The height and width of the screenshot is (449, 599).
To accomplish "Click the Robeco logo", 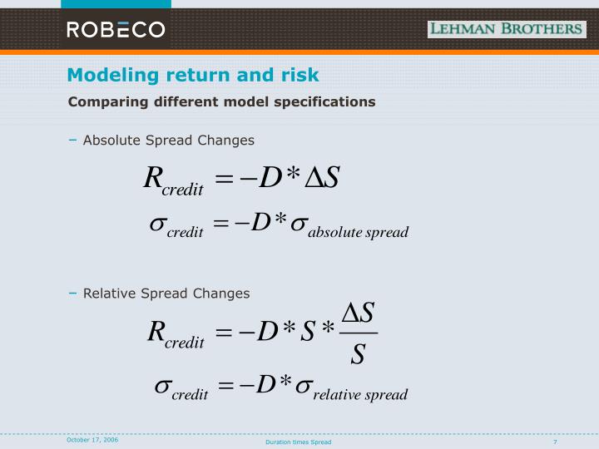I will [x=116, y=30].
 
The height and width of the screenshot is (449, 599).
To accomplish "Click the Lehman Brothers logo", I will [x=506, y=29].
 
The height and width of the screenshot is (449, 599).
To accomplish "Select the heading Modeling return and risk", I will [x=193, y=75].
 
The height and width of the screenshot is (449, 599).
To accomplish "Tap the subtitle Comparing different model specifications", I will [x=221, y=101].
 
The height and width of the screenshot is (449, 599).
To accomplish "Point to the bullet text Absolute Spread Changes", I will [x=168, y=140].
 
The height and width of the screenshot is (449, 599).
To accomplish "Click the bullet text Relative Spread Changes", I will [x=166, y=293].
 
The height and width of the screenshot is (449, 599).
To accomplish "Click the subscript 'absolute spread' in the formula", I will [x=358, y=232].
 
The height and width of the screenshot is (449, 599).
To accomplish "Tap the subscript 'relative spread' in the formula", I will [x=359, y=394].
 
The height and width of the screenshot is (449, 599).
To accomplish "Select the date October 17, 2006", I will [x=92, y=439].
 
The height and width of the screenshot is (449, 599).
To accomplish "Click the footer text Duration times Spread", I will [x=298, y=442].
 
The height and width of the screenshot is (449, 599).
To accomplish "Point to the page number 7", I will [x=554, y=442].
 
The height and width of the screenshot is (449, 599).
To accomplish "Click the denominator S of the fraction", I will [x=358, y=355].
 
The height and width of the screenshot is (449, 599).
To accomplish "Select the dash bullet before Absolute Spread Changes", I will [x=73, y=140].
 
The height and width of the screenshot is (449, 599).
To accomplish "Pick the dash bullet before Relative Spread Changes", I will [x=73, y=293].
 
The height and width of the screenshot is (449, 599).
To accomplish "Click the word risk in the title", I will [x=298, y=75].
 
